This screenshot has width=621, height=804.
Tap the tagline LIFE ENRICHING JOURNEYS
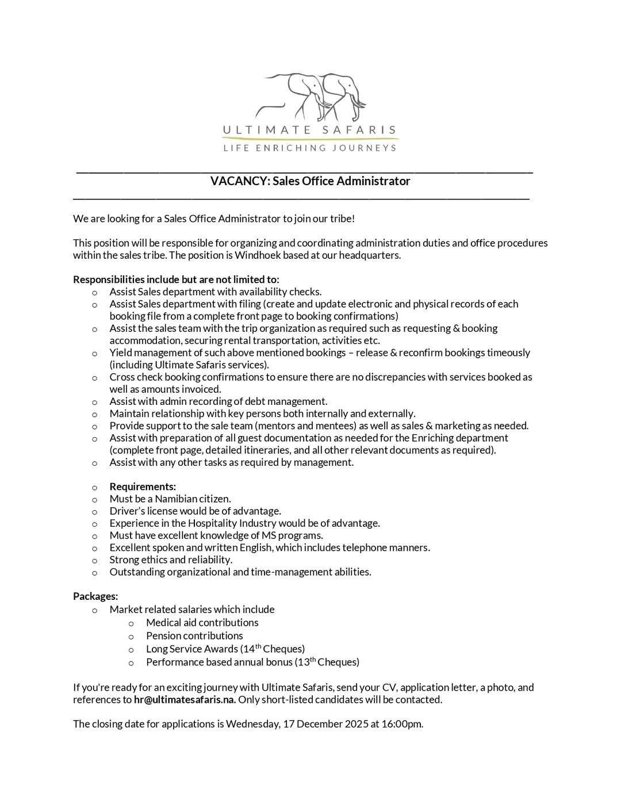(x=310, y=148)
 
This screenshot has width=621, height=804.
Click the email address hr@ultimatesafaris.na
(x=185, y=700)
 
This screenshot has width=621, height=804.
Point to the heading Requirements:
(x=143, y=487)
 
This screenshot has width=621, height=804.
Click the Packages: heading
(x=95, y=597)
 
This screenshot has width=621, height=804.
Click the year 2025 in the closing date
(x=356, y=724)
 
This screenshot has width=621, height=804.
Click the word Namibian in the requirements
(x=177, y=499)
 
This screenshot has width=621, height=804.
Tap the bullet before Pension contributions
(x=131, y=637)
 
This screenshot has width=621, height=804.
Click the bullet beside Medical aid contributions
(x=131, y=623)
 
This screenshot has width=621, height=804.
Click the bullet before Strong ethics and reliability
(x=94, y=561)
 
